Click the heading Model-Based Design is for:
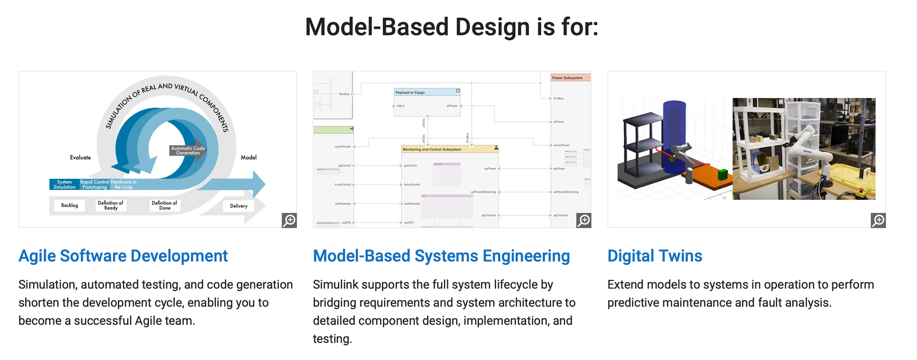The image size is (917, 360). pyautogui.click(x=452, y=27)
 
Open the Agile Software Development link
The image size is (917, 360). pyautogui.click(x=123, y=256)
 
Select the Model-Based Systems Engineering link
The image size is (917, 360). pyautogui.click(x=441, y=256)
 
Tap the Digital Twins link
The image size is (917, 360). pyautogui.click(x=654, y=256)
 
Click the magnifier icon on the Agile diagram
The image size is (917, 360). pyautogui.click(x=289, y=220)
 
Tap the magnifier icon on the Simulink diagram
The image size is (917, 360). pyautogui.click(x=584, y=220)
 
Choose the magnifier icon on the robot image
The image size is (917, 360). pyautogui.click(x=878, y=220)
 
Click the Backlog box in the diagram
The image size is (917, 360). pyautogui.click(x=70, y=205)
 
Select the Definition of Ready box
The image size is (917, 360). pyautogui.click(x=110, y=205)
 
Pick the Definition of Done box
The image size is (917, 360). pyautogui.click(x=165, y=205)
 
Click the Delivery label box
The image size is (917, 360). pyautogui.click(x=238, y=206)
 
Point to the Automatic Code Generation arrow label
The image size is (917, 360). pyautogui.click(x=188, y=150)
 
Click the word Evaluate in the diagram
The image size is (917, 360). pyautogui.click(x=80, y=157)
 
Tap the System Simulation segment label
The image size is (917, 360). pyautogui.click(x=64, y=184)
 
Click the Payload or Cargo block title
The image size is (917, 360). pyautogui.click(x=410, y=92)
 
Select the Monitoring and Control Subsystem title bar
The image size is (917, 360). pyautogui.click(x=449, y=149)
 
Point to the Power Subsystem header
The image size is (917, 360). pyautogui.click(x=567, y=78)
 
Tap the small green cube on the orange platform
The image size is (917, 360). pyautogui.click(x=723, y=174)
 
